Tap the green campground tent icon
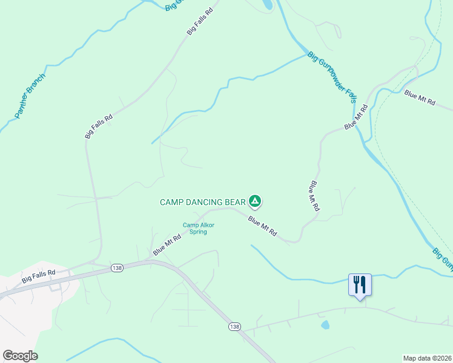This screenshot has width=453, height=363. tap(256, 201)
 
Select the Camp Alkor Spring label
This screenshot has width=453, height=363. tap(199, 228)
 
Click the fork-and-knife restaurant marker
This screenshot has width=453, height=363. tap(360, 284)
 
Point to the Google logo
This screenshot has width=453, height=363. tap(20, 356)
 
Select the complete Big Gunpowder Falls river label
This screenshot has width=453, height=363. tap(331, 77)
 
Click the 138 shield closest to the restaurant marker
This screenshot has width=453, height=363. tap(235, 327)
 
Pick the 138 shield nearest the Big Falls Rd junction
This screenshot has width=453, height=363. tap(117, 267)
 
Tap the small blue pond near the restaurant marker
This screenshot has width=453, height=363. tap(325, 325)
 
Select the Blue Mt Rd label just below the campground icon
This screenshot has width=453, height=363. tap(263, 226)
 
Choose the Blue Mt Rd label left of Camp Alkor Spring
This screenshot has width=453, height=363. tap(167, 245)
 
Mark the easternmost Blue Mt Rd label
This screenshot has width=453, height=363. tap(420, 98)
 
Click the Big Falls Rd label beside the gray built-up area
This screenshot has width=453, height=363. tap(39, 277)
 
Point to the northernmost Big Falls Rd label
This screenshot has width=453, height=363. tap(200, 21)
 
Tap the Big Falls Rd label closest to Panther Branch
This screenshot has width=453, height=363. tap(99, 127)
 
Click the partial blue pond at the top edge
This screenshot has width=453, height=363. tap(266, 5)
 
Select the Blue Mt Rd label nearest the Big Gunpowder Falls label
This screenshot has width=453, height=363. tap(356, 117)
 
